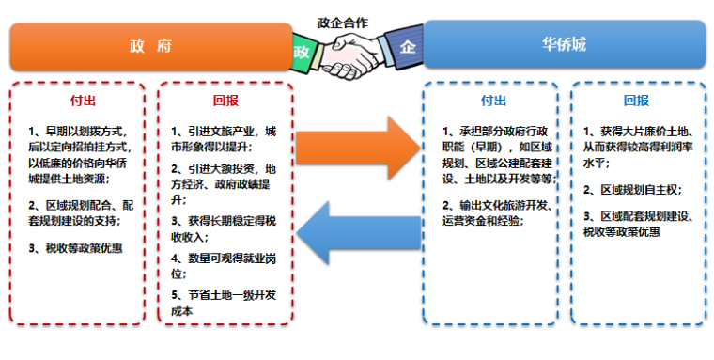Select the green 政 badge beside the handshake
[303, 49]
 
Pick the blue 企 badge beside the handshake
[407, 47]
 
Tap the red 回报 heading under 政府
[226, 100]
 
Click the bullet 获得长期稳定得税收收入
[226, 228]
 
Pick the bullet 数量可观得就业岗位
[226, 265]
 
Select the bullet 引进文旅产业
[226, 139]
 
